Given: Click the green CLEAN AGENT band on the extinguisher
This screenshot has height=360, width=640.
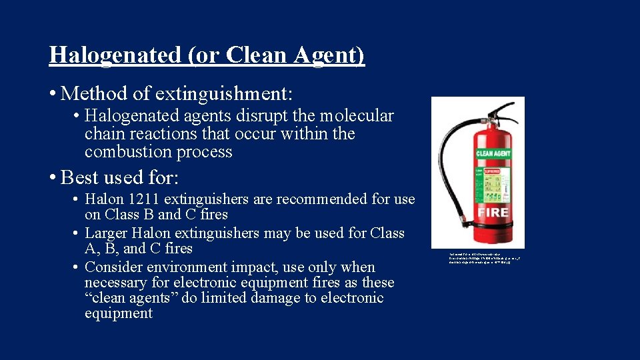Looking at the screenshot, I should pos(493,153).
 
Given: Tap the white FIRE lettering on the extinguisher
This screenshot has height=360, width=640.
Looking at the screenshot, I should pos(492,213).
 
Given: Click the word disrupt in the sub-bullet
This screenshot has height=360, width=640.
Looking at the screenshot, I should pos(232,116).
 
